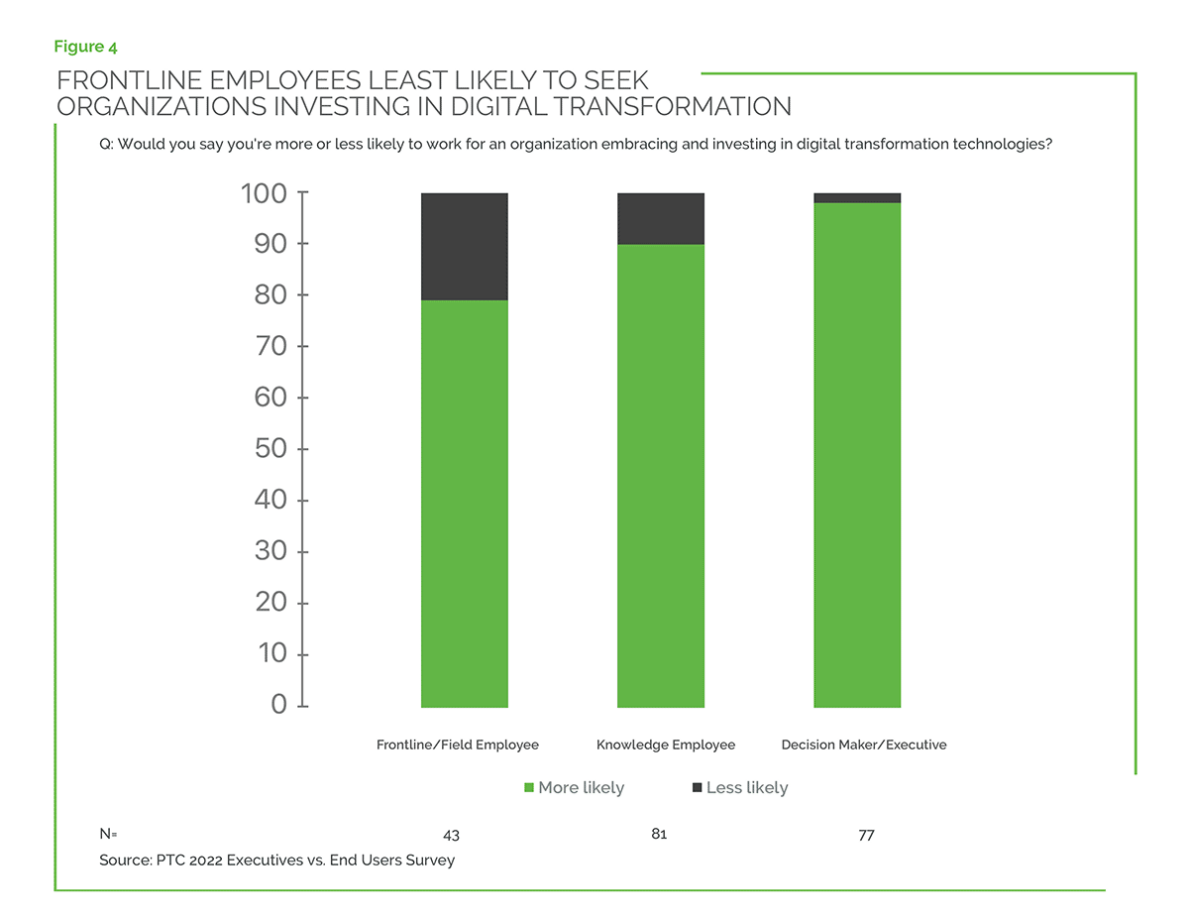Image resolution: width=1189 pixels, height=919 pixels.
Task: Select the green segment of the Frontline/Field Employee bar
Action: tap(464, 504)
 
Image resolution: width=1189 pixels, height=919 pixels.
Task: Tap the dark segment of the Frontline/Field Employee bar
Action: tap(464, 246)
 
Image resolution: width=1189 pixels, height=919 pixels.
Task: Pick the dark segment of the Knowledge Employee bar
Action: tap(660, 218)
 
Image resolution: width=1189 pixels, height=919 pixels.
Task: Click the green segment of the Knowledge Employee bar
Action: tap(660, 476)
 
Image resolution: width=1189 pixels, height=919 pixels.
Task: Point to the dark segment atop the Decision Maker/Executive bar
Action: tap(857, 198)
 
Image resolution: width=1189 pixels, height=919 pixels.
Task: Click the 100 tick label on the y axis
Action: tap(264, 192)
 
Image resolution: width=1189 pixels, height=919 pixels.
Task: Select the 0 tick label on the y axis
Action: tap(279, 705)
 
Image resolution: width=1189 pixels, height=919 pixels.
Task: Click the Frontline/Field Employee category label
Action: tap(458, 745)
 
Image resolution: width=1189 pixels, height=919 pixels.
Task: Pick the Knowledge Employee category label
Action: tap(666, 745)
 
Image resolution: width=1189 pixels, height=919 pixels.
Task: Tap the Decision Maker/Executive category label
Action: tap(864, 745)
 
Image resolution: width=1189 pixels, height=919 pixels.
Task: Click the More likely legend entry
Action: tap(574, 787)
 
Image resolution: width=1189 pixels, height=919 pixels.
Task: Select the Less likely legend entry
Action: tap(740, 787)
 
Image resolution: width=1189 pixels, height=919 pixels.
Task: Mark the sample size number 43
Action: tap(451, 836)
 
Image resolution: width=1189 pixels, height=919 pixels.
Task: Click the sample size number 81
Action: tap(659, 834)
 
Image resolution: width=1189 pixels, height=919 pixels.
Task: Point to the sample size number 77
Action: tap(866, 836)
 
